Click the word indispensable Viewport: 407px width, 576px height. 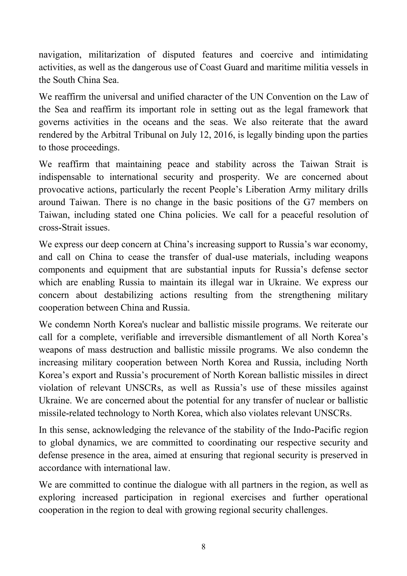[65, 177]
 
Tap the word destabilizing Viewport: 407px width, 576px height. [128, 295]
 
